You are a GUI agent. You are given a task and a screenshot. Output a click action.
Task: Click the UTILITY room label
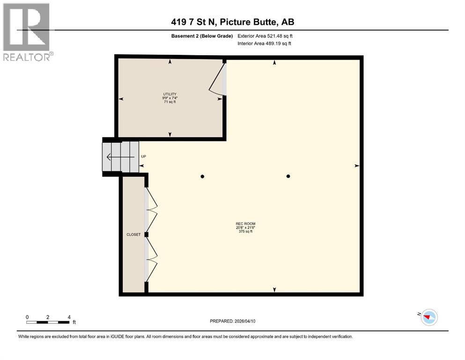(170, 94)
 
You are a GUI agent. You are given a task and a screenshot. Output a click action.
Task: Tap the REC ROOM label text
(245, 224)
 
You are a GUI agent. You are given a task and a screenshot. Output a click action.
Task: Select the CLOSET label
(133, 234)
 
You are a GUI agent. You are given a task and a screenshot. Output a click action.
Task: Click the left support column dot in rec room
(202, 176)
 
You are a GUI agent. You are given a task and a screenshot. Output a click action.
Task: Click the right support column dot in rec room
(288, 176)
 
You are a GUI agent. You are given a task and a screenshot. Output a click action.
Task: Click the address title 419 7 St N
(232, 22)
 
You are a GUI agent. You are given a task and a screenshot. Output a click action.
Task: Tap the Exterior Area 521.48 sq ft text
(266, 36)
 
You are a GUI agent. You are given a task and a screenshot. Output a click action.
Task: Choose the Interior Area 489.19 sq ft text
(265, 44)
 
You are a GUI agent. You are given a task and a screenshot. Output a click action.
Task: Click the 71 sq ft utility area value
(170, 102)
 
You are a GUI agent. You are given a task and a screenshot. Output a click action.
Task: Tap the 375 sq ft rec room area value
(245, 232)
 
